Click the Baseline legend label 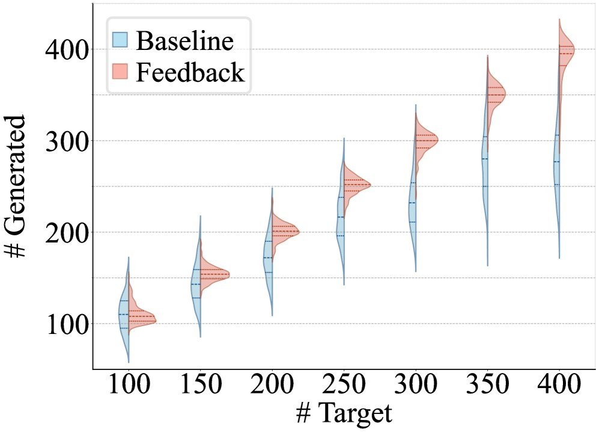(184, 41)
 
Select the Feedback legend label (190, 72)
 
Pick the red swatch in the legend (121, 72)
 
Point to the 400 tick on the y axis (66, 49)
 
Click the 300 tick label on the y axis (66, 141)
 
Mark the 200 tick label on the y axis (66, 232)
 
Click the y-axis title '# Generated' (16, 187)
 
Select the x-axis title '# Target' (344, 414)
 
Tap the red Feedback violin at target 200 (281, 232)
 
